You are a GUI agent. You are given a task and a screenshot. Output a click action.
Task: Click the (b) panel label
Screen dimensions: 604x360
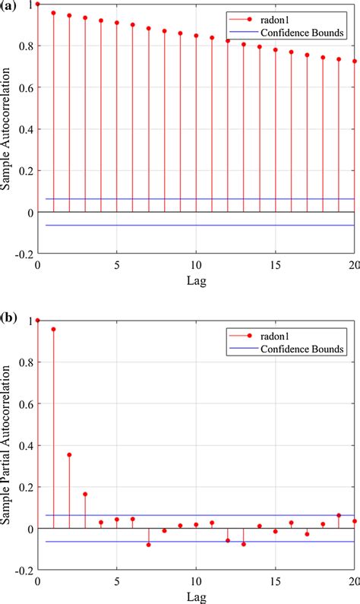[x=11, y=315]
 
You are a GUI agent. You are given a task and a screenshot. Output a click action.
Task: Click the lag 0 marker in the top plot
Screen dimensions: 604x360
[x=38, y=4]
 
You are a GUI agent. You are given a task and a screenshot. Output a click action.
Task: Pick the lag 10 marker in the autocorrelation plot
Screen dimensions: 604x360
[x=196, y=36]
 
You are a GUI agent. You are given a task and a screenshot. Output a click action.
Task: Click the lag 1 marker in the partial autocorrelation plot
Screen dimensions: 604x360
[x=53, y=329]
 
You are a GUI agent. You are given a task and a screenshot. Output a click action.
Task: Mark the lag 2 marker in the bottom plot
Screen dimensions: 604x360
[x=69, y=454]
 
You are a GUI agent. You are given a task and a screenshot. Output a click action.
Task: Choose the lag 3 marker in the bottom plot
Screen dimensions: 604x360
[x=85, y=494]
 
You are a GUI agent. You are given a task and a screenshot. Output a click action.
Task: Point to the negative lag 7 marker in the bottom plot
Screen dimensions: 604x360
[x=148, y=545]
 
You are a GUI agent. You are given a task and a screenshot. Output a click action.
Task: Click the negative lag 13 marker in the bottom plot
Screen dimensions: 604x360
[x=244, y=544]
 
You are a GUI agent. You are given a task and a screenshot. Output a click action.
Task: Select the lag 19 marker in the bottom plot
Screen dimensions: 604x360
[x=339, y=515]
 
